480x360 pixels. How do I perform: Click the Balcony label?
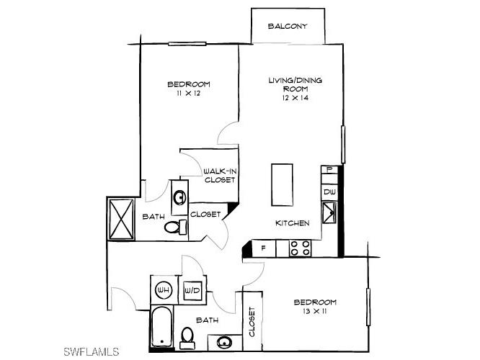[288, 27]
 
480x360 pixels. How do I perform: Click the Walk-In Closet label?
[220, 175]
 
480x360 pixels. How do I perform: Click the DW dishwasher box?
[329, 192]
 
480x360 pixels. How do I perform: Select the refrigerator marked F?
[264, 248]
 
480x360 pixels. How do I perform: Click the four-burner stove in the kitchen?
[301, 248]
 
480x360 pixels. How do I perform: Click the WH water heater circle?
[164, 290]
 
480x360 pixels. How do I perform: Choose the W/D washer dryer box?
[192, 290]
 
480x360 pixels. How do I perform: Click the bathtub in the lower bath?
[163, 328]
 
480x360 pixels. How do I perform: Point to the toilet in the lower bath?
[187, 336]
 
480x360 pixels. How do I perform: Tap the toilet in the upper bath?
[172, 227]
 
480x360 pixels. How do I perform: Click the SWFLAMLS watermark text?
[90, 351]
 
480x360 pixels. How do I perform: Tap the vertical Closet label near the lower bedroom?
[252, 322]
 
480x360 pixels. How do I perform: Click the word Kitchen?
[293, 223]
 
